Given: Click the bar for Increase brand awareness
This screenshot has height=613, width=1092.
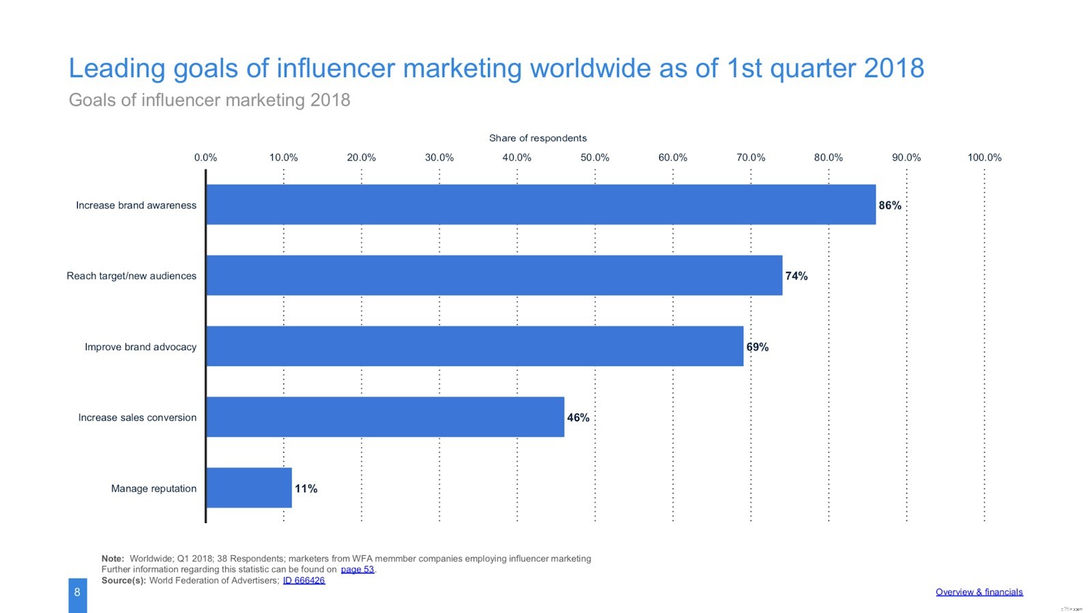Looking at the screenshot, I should (x=541, y=204).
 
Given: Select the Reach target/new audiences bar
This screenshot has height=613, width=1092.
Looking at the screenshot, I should (x=494, y=275).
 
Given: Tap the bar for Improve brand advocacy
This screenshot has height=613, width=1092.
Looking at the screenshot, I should (x=474, y=346).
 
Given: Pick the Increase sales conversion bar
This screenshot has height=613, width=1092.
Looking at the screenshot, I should (x=385, y=417).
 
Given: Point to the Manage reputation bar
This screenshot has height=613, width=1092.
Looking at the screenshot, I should (x=248, y=488).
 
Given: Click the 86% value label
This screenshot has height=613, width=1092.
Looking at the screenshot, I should (x=890, y=205).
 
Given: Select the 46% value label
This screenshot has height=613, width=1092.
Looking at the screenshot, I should (x=578, y=418).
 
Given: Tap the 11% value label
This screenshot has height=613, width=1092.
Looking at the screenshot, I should (x=306, y=489).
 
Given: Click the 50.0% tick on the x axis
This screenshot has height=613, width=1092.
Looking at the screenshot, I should (x=594, y=158).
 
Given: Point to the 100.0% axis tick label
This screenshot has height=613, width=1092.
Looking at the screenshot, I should (x=984, y=158).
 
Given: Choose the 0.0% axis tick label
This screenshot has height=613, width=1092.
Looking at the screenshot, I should (x=205, y=158).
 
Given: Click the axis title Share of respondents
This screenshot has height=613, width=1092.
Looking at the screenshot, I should (x=538, y=138).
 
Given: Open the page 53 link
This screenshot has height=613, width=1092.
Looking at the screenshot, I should (x=357, y=569).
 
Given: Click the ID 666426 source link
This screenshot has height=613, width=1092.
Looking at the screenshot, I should (x=304, y=580).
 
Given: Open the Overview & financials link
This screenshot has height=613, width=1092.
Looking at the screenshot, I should (x=979, y=592).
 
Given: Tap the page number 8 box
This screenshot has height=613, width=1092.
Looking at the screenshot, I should (x=77, y=593).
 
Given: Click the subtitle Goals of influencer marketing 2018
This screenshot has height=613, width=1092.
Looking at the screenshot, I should (x=210, y=100).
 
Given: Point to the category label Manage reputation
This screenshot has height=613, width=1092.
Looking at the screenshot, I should (x=154, y=489).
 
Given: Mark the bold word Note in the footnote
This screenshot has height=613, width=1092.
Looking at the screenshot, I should (x=113, y=558).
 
